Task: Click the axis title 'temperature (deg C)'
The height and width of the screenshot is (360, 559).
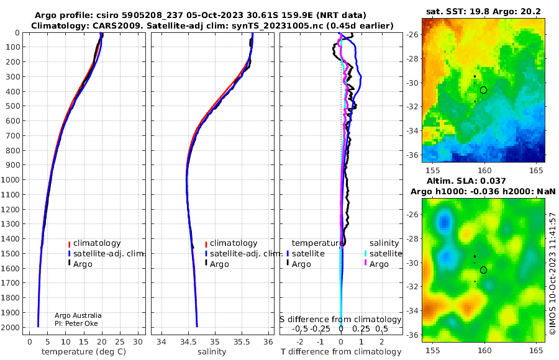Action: pos(84,352)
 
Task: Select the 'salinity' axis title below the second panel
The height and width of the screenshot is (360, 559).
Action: pos(212,352)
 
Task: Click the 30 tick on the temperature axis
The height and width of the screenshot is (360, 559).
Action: pos(138,341)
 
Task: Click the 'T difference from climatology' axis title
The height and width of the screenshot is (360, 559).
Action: pos(341,352)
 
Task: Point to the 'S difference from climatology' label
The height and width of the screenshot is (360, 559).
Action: pos(340,319)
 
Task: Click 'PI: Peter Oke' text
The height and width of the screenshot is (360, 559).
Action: pos(76,323)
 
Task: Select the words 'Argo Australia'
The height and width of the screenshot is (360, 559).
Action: pos(78,315)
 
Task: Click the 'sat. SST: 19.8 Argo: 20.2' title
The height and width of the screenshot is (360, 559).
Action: pos(483,12)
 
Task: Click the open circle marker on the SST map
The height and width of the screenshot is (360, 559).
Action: pos(483,90)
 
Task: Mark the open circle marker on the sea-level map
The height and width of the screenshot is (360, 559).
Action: pos(483,270)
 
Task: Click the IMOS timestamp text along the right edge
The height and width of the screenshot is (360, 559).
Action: pos(553,274)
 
